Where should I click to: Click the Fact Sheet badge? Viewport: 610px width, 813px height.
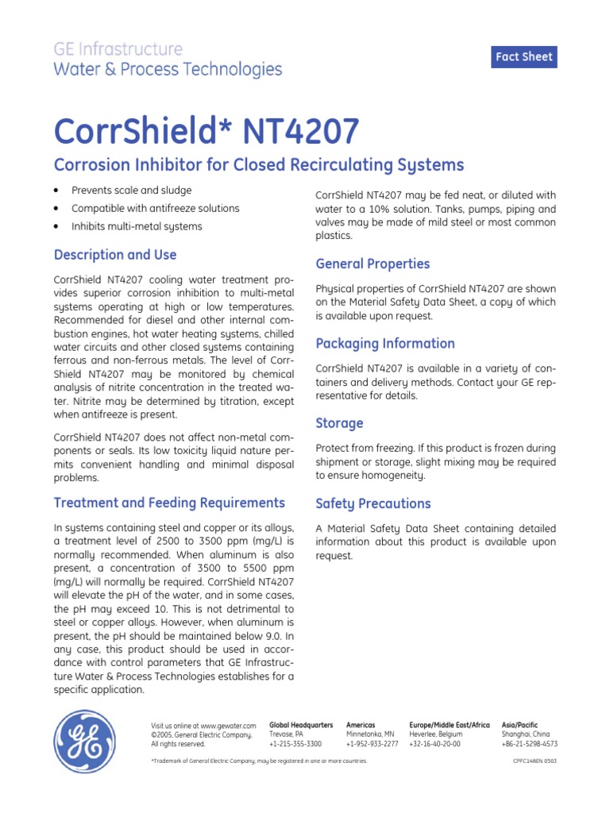(x=523, y=57)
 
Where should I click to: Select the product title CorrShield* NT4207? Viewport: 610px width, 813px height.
(x=206, y=130)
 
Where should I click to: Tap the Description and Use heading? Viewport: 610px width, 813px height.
(x=114, y=255)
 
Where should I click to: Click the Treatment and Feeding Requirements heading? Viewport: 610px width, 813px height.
(x=168, y=503)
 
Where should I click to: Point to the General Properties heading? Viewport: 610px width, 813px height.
(x=373, y=264)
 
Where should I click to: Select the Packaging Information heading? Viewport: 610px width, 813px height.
(x=385, y=344)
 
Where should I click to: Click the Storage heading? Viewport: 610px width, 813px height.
(x=339, y=423)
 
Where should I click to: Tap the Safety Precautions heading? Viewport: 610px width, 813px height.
(x=373, y=503)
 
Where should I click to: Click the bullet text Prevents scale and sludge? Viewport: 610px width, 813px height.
(x=131, y=191)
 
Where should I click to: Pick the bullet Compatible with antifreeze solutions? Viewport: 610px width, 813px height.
(x=155, y=209)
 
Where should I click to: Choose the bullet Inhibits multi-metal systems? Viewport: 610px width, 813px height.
(x=137, y=226)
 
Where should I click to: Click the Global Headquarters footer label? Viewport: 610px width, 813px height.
(x=301, y=725)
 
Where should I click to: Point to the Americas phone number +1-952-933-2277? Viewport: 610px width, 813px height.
(x=372, y=744)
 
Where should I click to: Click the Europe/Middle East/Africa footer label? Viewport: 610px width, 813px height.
(x=449, y=725)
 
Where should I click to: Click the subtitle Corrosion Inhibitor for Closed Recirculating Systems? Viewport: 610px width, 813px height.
(x=258, y=165)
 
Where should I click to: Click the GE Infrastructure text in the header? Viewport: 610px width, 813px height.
(x=118, y=49)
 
